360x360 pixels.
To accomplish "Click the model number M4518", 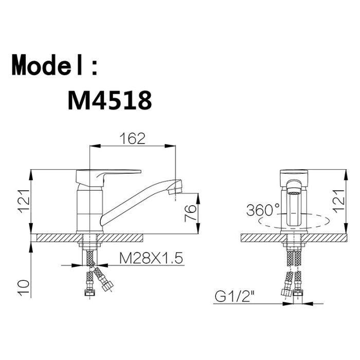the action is [110, 100].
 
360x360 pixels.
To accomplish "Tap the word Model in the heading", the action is [47, 64].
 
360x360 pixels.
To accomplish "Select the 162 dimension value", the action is [133, 138].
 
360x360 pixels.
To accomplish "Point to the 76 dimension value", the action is [191, 213].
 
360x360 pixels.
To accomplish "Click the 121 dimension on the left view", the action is [24, 202].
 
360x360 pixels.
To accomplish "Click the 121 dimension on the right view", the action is [338, 201].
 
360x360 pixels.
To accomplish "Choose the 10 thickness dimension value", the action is [24, 288].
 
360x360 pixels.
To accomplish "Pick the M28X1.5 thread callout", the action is [151, 258].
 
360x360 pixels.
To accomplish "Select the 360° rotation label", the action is [263, 210].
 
